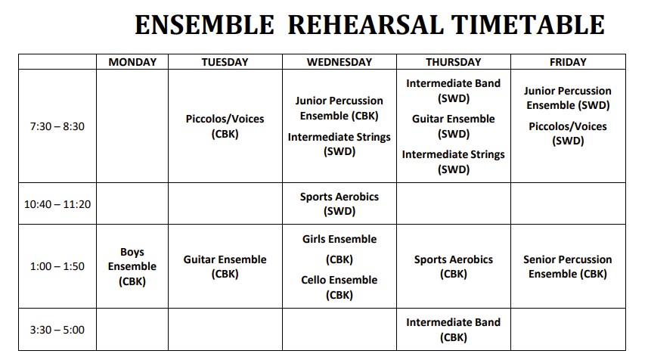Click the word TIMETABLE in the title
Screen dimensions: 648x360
(528, 25)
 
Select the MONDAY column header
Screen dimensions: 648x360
(132, 62)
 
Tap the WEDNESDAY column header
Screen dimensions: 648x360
(340, 62)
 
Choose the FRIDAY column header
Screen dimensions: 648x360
(568, 62)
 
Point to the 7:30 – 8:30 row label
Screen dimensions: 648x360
(57, 126)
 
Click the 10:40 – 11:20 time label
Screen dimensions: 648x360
(57, 204)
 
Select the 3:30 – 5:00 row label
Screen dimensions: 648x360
(57, 330)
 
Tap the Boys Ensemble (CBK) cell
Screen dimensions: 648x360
(132, 266)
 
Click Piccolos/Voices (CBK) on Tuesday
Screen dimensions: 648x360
(225, 126)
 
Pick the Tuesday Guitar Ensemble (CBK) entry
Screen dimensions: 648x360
(225, 266)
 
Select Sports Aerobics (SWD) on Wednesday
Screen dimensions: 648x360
(340, 203)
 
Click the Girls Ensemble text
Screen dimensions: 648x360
(340, 239)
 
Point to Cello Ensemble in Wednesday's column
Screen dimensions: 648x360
(340, 280)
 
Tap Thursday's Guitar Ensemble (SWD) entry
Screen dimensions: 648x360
(454, 126)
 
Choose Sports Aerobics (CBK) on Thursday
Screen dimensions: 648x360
(454, 266)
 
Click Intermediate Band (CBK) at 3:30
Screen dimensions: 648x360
(454, 330)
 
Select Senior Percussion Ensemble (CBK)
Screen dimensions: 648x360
(567, 266)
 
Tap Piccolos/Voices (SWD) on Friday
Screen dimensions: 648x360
(568, 134)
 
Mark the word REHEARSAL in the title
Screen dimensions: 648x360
(365, 25)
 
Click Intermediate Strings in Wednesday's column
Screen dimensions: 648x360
(340, 137)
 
